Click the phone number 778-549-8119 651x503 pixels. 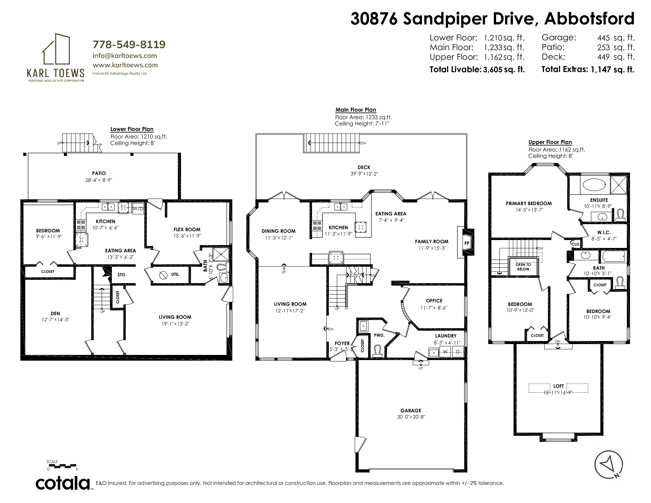(129, 44)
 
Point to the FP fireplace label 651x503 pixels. (467, 243)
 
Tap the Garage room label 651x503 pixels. (411, 410)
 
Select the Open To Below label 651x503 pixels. (523, 267)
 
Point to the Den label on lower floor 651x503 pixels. (55, 313)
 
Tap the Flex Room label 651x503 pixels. (187, 229)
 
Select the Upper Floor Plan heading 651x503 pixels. (550, 142)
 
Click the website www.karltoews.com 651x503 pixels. (125, 65)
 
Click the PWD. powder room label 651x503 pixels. (379, 335)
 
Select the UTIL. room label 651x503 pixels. (175, 274)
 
